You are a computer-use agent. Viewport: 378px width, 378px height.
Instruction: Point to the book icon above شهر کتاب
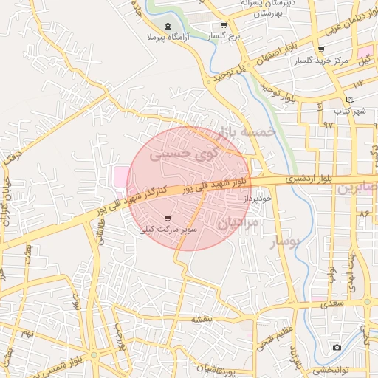point(350,100)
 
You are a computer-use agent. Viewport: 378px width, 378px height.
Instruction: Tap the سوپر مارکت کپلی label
point(168,230)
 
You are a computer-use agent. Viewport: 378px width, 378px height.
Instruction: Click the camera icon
point(337,346)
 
